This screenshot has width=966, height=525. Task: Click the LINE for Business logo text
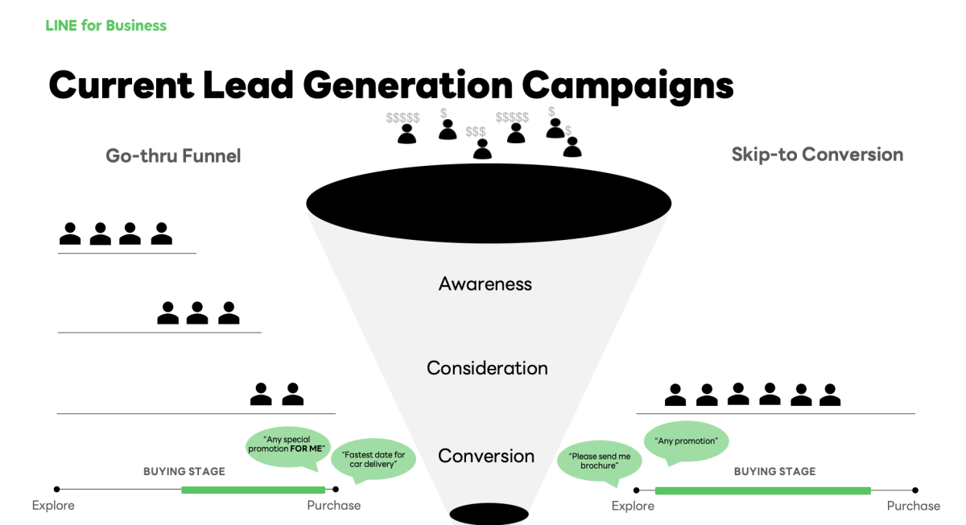(x=105, y=26)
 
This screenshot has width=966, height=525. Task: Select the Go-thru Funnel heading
(x=173, y=155)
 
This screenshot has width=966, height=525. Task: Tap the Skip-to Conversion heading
(x=817, y=155)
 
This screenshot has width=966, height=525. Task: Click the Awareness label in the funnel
(x=485, y=283)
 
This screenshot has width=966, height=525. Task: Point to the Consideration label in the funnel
(x=487, y=368)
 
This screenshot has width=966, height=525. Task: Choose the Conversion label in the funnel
(x=486, y=456)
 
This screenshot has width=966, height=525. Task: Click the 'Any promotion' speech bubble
(x=686, y=441)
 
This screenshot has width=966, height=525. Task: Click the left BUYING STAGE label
(x=184, y=471)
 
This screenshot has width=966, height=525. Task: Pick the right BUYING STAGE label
(x=774, y=471)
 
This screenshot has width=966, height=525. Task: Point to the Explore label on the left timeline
(x=53, y=506)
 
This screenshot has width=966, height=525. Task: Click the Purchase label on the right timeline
(x=913, y=506)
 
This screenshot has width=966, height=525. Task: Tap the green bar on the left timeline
(x=253, y=490)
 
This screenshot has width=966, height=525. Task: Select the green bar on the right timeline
(x=762, y=490)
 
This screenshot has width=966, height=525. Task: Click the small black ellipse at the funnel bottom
(x=477, y=514)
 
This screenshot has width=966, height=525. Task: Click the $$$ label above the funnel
(x=476, y=132)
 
